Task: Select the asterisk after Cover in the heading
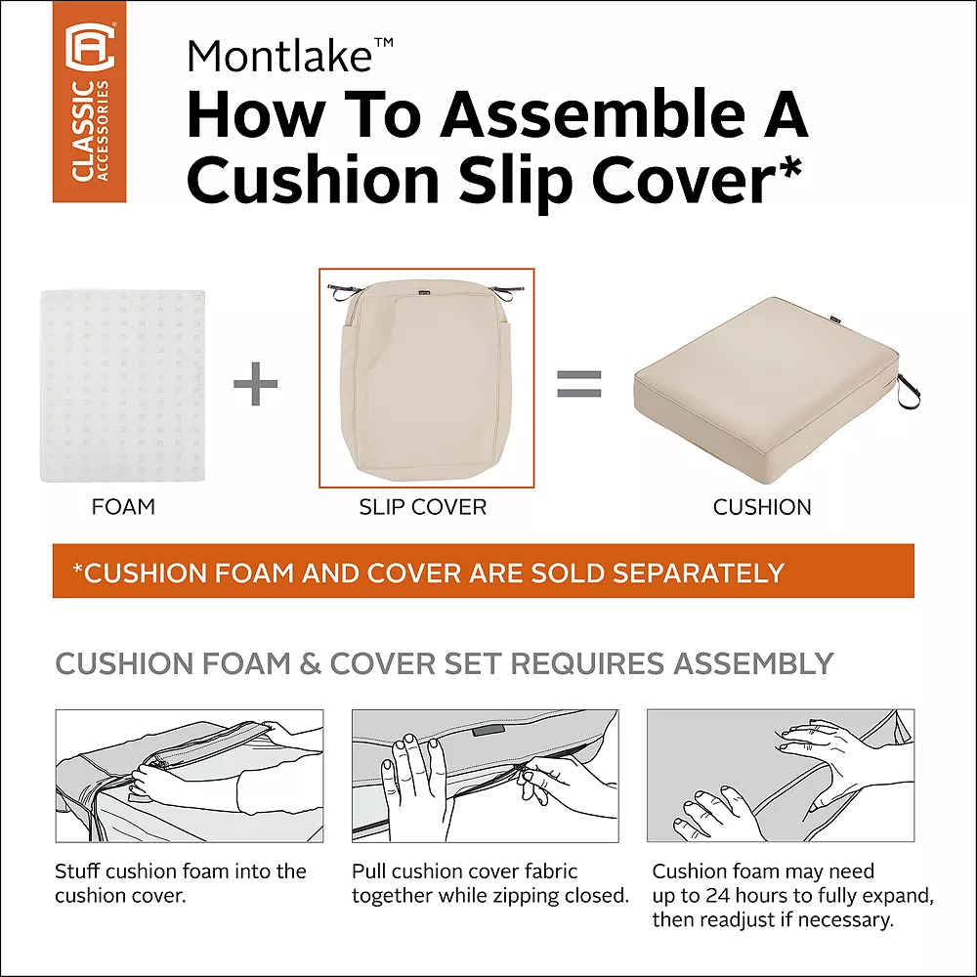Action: pyautogui.click(x=789, y=161)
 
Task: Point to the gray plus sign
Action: pyautogui.click(x=256, y=385)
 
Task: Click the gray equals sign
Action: pyautogui.click(x=578, y=383)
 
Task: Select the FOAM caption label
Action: pyautogui.click(x=123, y=507)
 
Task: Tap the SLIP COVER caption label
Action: pyautogui.click(x=423, y=507)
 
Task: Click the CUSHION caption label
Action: pyautogui.click(x=762, y=507)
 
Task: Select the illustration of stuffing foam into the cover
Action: pyautogui.click(x=190, y=776)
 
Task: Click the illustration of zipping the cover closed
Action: pyautogui.click(x=485, y=776)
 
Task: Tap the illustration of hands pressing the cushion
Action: pyautogui.click(x=781, y=776)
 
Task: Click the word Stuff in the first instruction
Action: pyautogui.click(x=77, y=871)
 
